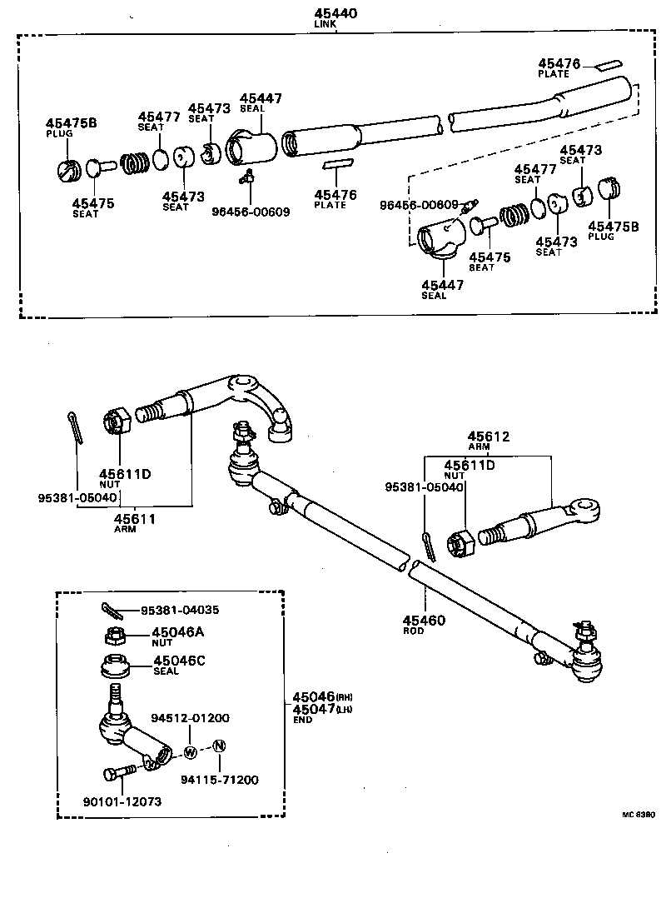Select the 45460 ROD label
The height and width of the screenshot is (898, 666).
[424, 621]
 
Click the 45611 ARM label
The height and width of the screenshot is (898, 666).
[136, 518]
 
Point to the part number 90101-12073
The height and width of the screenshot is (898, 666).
[122, 801]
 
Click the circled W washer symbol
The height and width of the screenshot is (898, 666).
[189, 752]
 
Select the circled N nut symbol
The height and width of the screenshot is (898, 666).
[218, 746]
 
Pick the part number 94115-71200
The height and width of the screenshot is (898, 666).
[220, 780]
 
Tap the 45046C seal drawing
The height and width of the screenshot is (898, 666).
[113, 668]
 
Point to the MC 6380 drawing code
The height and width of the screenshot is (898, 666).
[637, 814]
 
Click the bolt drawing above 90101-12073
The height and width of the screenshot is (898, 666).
[121, 774]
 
